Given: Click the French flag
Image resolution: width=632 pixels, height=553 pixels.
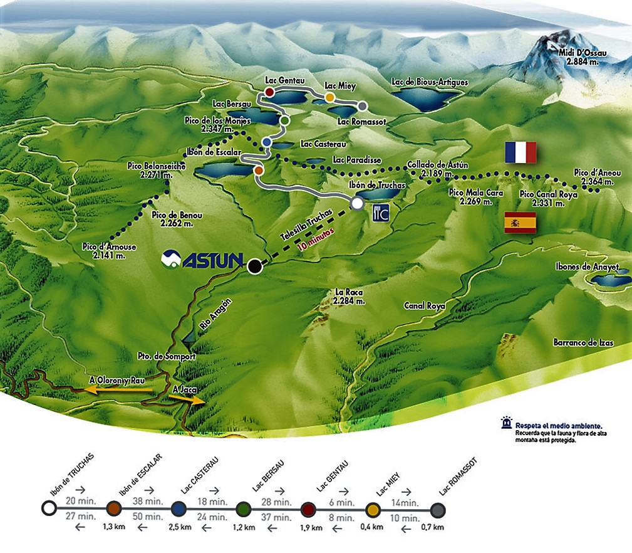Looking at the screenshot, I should click(521, 152).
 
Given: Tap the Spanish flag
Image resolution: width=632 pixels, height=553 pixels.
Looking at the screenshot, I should click(520, 223).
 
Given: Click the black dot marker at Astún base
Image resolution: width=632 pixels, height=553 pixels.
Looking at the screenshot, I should click(254, 266).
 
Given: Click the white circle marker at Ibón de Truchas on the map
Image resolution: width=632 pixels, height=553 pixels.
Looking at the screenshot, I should click(357, 203).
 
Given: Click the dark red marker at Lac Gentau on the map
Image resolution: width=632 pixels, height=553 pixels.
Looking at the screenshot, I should click(269, 92).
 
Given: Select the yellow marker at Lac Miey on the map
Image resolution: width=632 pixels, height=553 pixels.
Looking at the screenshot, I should click(329, 97).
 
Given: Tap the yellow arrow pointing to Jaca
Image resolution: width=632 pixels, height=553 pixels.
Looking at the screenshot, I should click(187, 399).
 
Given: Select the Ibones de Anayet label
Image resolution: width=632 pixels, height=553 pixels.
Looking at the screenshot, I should click(587, 267).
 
